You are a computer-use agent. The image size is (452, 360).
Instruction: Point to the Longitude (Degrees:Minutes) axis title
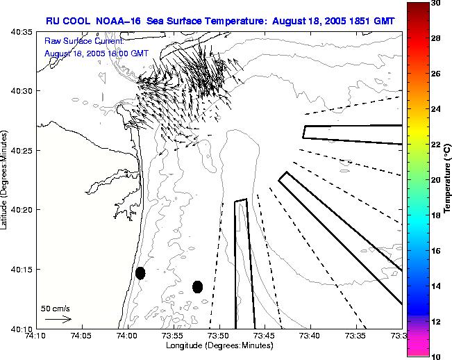click(x=219, y=346)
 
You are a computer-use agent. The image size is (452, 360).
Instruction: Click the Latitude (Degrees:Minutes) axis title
click(x=6, y=179)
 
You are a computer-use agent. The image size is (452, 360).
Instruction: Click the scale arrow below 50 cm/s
click(x=59, y=319)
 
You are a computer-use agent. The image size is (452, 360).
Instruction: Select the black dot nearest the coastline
click(x=140, y=273)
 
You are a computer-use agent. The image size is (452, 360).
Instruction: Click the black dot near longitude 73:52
click(x=197, y=286)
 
